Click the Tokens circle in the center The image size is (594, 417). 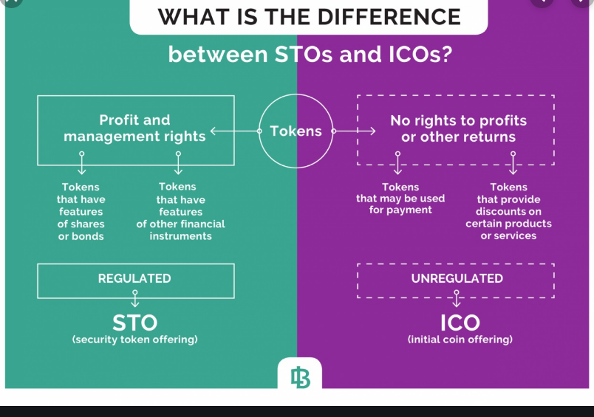coord(296,131)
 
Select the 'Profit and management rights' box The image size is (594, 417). coord(136,129)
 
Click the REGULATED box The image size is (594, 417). coord(135,280)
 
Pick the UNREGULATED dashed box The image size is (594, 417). coord(456,279)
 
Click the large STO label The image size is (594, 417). coord(134,323)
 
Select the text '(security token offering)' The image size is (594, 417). coord(134,340)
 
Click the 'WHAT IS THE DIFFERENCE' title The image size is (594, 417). coord(309,16)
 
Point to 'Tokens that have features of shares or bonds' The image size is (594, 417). coord(81,212)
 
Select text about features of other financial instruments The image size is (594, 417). coord(180,212)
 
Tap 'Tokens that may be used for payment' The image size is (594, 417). coord(400,199)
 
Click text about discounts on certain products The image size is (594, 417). coord(508,212)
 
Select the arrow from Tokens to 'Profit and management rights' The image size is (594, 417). coord(235,131)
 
